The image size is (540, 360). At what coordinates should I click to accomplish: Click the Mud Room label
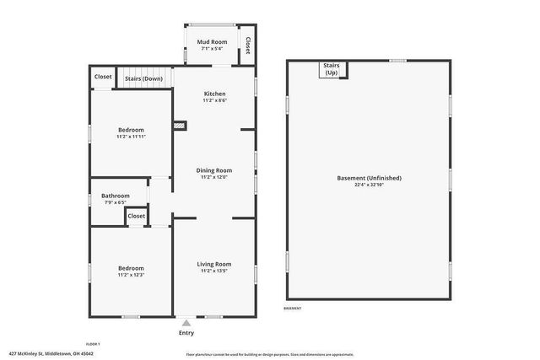[213, 42]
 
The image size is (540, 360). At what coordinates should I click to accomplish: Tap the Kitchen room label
[214, 93]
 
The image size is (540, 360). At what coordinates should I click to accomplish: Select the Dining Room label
[215, 170]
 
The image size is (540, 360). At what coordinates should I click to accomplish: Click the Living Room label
[214, 264]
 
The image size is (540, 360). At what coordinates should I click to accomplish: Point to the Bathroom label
[114, 196]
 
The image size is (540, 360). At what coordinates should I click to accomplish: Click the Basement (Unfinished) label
[369, 178]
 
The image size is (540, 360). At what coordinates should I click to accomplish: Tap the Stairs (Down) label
[143, 78]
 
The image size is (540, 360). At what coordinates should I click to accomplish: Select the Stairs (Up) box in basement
[331, 69]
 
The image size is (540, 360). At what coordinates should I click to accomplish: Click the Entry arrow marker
[186, 322]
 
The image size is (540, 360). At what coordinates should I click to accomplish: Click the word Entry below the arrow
[186, 332]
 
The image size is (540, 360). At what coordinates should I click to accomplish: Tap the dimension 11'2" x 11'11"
[131, 137]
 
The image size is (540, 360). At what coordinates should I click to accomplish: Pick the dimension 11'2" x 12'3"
[131, 275]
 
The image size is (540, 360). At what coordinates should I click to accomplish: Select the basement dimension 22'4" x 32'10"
[369, 185]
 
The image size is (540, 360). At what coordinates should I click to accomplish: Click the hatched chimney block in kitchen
[180, 126]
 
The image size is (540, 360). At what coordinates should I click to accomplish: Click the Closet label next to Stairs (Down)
[103, 77]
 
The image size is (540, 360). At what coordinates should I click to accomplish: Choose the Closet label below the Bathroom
[137, 216]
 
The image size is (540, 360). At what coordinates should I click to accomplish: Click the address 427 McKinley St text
[51, 353]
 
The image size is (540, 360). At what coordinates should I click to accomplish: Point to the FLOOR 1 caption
[93, 343]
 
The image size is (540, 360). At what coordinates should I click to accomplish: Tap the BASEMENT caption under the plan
[293, 309]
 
